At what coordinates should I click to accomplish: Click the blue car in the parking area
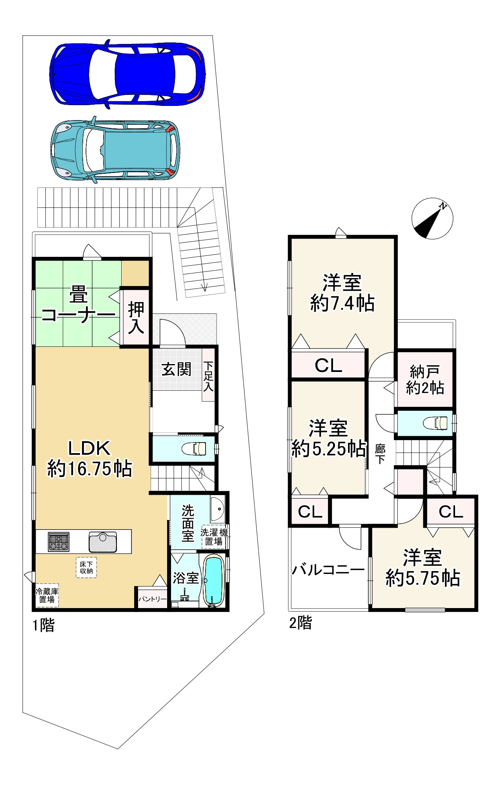click(127, 73)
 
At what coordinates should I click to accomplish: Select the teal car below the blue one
click(115, 150)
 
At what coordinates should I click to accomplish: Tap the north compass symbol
click(432, 218)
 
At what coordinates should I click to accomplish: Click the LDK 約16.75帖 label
click(90, 458)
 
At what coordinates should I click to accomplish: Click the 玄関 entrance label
click(177, 369)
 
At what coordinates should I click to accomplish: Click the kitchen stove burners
click(58, 542)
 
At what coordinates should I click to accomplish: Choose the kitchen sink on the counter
click(103, 542)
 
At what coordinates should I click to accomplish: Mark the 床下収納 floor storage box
click(86, 568)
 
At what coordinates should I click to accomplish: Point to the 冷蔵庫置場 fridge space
click(47, 595)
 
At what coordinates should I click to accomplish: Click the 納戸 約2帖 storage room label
click(425, 379)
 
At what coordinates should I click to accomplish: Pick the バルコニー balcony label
click(328, 570)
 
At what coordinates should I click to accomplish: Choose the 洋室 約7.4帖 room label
click(342, 293)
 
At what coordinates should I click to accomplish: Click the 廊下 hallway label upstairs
click(380, 454)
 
